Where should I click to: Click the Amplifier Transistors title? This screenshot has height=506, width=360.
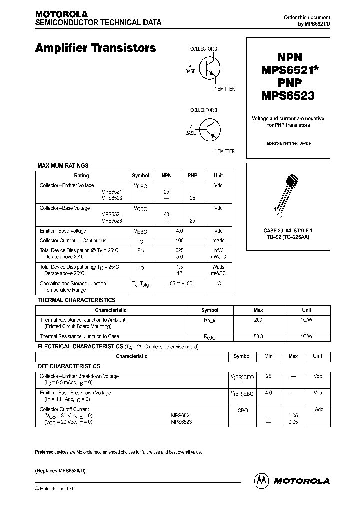click(95, 48)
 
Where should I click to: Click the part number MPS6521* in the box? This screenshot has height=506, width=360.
click(288, 70)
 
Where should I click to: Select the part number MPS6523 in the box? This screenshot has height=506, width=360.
click(288, 95)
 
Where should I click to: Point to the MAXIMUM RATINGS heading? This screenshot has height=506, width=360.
click(63, 165)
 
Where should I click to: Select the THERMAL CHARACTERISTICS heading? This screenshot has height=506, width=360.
click(77, 300)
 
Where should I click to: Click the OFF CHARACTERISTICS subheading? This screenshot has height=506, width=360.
click(69, 366)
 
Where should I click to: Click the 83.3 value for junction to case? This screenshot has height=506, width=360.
click(258, 337)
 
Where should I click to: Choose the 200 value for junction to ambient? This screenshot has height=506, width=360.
click(258, 320)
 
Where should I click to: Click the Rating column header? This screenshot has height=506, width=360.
click(81, 176)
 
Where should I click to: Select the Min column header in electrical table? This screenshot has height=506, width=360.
click(268, 357)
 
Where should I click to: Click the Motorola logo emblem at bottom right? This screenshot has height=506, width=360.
click(261, 480)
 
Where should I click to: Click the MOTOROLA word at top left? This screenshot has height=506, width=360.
click(61, 14)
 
